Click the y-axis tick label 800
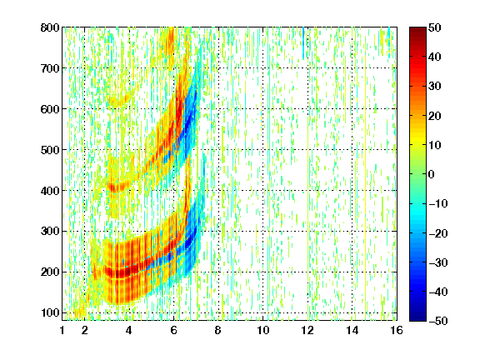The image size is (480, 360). click(50, 27)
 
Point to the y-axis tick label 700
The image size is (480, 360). click(50, 68)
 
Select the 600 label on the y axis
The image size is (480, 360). click(50, 109)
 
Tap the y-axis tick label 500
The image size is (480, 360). click(50, 150)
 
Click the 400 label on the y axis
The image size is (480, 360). click(50, 191)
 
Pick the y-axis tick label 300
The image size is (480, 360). click(50, 232)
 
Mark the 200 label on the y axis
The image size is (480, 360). click(50, 272)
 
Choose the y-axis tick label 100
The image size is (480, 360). click(50, 312)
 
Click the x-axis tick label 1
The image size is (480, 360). click(62, 330)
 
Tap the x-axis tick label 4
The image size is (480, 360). click(129, 330)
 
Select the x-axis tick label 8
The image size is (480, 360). click(218, 330)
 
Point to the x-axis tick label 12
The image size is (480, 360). click(307, 330)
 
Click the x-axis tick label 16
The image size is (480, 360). click(397, 330)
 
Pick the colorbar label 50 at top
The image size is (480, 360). click(435, 27)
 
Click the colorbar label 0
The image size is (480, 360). click(432, 174)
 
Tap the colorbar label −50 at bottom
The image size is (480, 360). click(438, 321)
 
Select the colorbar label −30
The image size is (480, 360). click(438, 262)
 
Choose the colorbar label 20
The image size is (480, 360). click(435, 116)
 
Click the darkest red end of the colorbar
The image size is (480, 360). click(417, 30)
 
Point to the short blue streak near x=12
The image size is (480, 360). click(303, 42)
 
